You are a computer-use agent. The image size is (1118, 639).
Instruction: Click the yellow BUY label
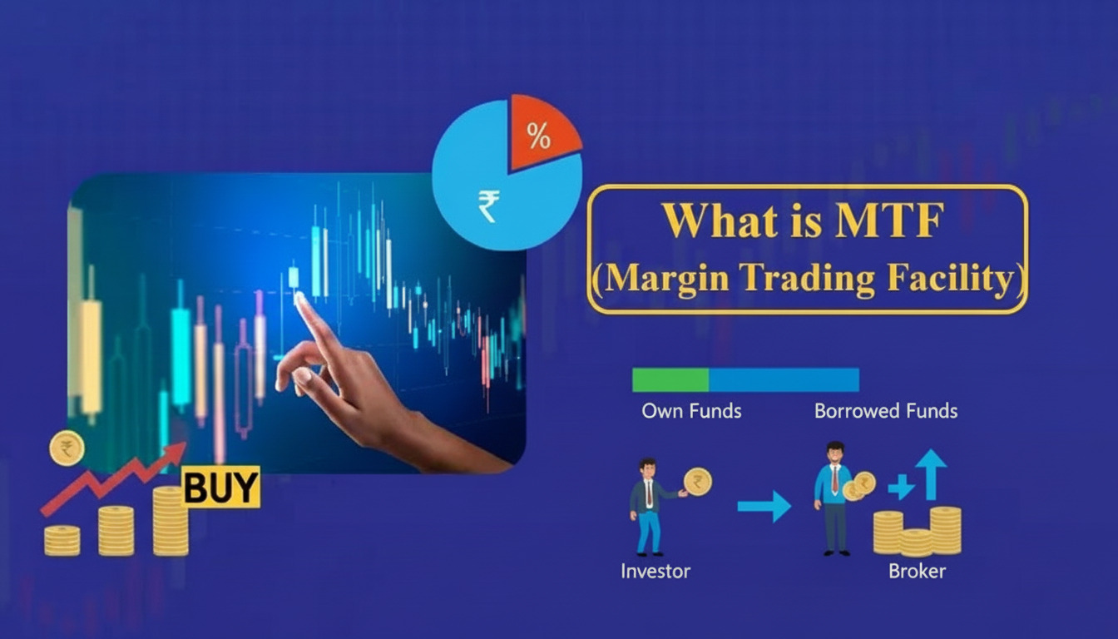(x=220, y=488)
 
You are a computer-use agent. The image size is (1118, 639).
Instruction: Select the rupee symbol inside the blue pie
(x=489, y=206)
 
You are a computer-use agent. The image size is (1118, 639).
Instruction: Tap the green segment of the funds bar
(x=670, y=379)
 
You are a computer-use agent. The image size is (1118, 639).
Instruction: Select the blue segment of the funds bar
(x=784, y=379)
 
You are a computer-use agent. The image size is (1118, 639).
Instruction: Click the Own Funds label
(x=691, y=411)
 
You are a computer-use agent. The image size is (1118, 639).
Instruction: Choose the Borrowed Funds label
(x=886, y=411)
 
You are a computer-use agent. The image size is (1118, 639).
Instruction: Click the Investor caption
(x=655, y=572)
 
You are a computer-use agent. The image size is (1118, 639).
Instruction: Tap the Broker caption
(x=917, y=572)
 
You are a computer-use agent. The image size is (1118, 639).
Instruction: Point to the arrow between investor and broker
(x=764, y=506)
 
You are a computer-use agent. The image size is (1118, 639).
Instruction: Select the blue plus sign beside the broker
(x=901, y=487)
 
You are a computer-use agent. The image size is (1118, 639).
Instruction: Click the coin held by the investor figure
(x=697, y=481)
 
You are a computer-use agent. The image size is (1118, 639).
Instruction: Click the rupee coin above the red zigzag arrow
(x=67, y=448)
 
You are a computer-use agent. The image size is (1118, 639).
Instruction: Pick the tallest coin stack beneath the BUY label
(x=171, y=522)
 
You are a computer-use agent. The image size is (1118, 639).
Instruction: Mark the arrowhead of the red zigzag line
(x=176, y=452)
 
